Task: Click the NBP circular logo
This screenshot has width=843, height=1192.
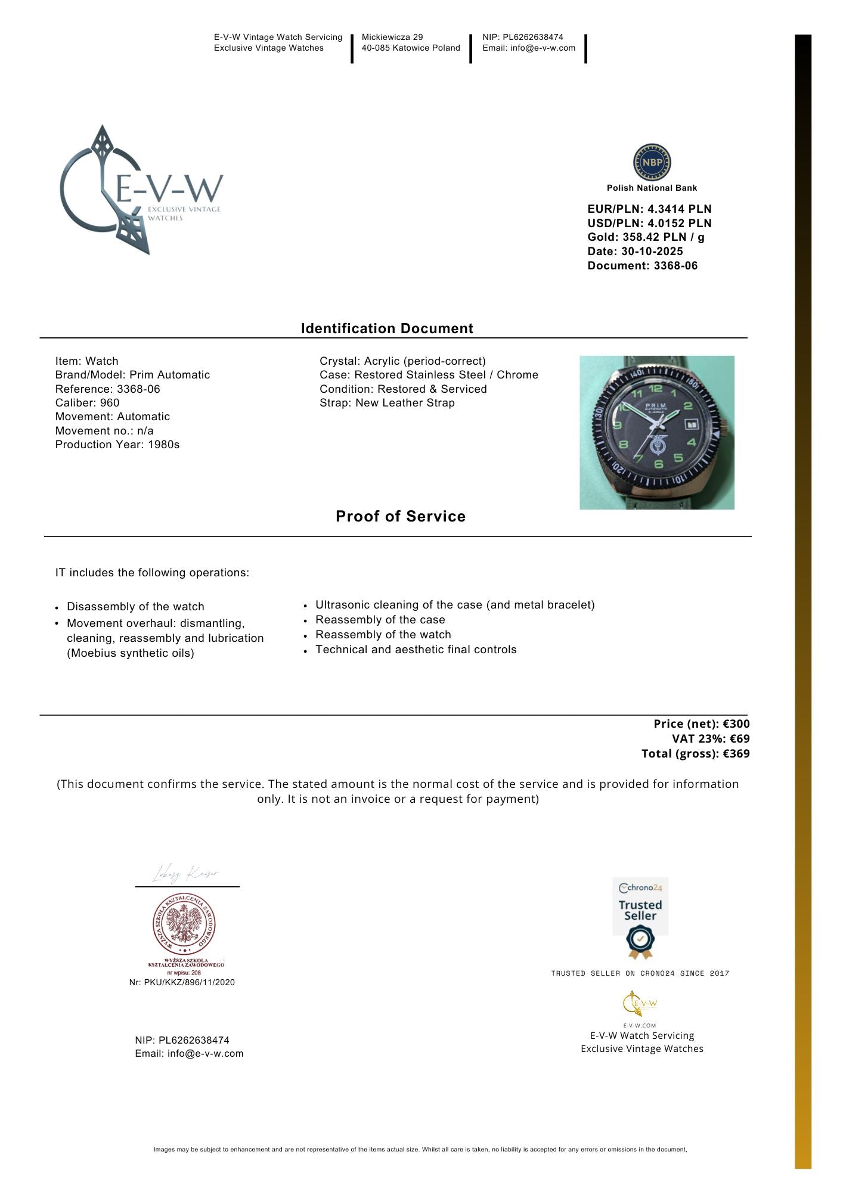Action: [652, 162]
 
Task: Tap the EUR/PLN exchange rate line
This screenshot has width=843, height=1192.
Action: [649, 209]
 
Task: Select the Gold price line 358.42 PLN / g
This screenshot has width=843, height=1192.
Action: [646, 237]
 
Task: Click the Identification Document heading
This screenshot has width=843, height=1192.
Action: [387, 328]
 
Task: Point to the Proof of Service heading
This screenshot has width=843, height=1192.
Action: [401, 516]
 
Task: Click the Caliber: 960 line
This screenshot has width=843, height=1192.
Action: [88, 403]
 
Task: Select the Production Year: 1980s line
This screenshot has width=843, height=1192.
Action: [117, 445]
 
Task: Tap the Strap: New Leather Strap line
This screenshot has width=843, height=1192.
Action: [387, 403]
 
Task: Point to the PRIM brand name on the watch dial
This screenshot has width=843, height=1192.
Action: [656, 406]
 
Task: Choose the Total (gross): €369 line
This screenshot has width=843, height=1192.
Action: [695, 754]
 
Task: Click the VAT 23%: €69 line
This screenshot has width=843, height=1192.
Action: [711, 739]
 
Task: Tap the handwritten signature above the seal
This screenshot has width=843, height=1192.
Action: [186, 874]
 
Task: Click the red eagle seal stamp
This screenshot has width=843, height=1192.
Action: [184, 924]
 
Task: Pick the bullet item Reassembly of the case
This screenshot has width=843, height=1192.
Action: [380, 620]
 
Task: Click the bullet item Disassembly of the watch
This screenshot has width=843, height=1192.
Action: [135, 607]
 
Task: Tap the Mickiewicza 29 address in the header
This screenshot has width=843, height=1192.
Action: [392, 37]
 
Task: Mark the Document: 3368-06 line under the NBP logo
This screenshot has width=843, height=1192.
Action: [642, 266]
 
